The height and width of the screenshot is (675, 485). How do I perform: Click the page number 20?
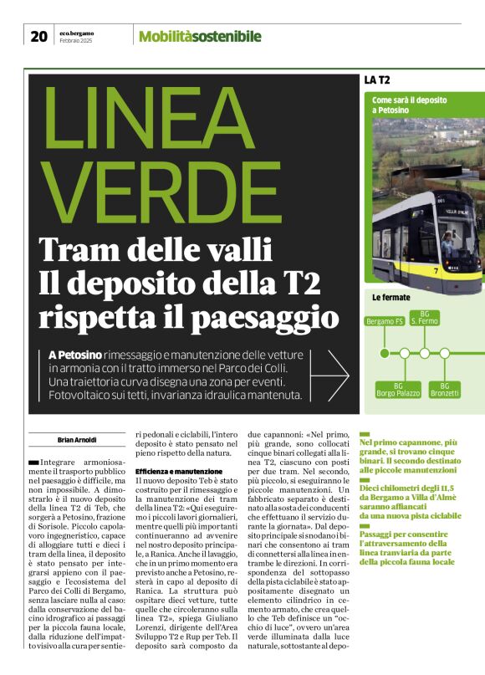click(x=38, y=36)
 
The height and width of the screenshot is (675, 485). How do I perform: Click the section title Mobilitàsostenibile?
click(x=200, y=36)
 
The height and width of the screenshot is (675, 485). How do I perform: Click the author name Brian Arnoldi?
click(x=77, y=439)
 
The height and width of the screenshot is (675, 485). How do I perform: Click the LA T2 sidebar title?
click(x=377, y=80)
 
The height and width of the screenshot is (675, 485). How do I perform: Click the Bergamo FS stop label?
click(x=385, y=321)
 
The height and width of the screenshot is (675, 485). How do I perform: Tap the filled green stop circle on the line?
click(x=385, y=353)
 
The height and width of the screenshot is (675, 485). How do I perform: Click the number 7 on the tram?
click(x=459, y=271)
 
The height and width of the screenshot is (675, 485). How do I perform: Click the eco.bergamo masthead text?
click(x=77, y=33)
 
